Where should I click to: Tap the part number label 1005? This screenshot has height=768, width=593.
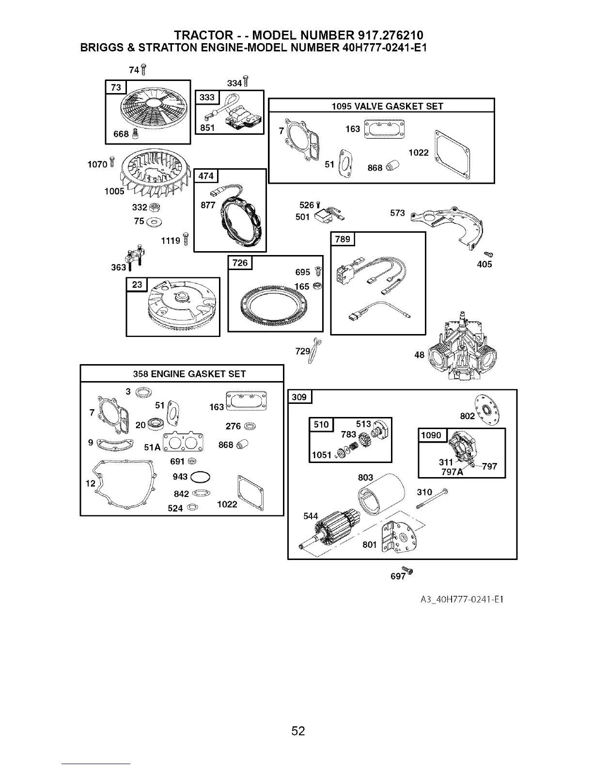(114, 191)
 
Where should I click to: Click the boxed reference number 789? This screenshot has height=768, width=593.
(343, 240)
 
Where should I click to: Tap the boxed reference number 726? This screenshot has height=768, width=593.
(240, 263)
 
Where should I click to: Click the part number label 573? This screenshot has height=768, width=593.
(397, 213)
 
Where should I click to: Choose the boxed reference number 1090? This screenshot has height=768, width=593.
(431, 435)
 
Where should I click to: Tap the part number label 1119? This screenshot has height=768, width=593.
(171, 240)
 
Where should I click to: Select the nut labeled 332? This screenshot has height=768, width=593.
(156, 208)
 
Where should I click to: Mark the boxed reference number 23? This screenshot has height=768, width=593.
(137, 284)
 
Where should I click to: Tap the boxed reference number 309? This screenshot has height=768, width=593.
(299, 397)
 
